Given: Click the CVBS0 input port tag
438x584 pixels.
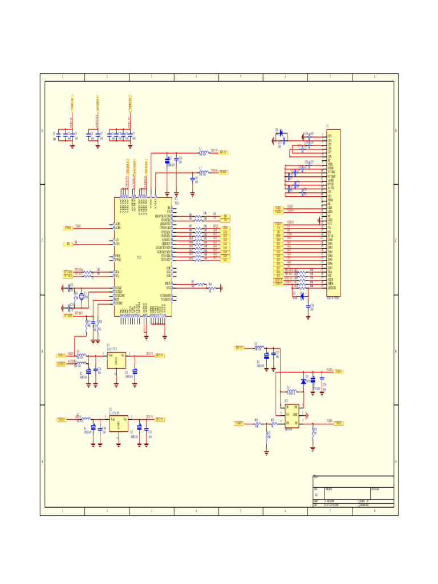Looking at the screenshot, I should pyautogui.click(x=68, y=228).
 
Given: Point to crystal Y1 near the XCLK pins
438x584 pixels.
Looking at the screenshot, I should pyautogui.click(x=81, y=295).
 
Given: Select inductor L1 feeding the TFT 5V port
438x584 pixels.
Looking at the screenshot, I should pyautogui.click(x=202, y=152).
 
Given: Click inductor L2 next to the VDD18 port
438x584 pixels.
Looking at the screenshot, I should pyautogui.click(x=202, y=171).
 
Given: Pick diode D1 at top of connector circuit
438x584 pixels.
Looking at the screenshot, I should pyautogui.click(x=279, y=132).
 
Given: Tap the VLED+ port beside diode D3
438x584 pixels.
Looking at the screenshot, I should pyautogui.click(x=338, y=371).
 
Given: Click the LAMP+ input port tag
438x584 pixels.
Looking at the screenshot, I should pyautogui.click(x=240, y=423).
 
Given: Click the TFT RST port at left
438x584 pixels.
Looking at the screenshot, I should pyautogui.click(x=68, y=315).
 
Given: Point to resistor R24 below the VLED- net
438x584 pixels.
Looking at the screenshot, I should pyautogui.click(x=313, y=432).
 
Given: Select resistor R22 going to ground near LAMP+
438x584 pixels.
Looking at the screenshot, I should pyautogui.click(x=267, y=436).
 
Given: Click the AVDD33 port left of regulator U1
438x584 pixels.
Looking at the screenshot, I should pyautogui.click(x=61, y=363).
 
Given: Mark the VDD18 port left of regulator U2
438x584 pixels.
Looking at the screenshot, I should pyautogui.click(x=62, y=419).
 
